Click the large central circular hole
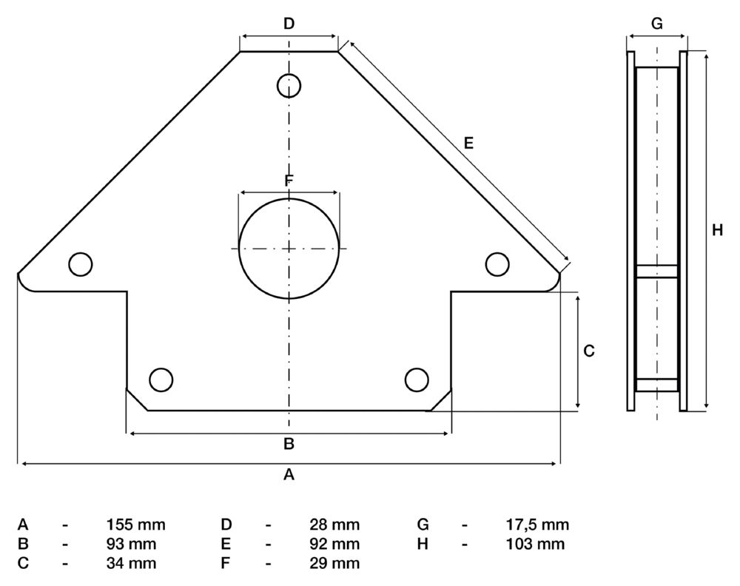pos(289,249)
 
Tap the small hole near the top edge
pos(289,86)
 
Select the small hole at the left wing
pos(80,263)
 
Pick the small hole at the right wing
pos(497,263)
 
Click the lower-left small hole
pos(161,379)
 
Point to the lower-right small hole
pos(417,379)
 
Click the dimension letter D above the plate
pos(289,24)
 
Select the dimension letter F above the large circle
pos(289,181)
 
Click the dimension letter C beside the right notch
pos(589,351)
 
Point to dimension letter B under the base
pos(289,444)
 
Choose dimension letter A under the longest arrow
pos(289,475)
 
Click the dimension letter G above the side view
pos(656,24)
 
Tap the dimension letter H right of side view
pos(717,231)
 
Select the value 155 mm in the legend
pos(136,525)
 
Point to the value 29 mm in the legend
pos(334,564)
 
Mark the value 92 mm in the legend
pos(334,545)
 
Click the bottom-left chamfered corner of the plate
pos(138,400)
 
